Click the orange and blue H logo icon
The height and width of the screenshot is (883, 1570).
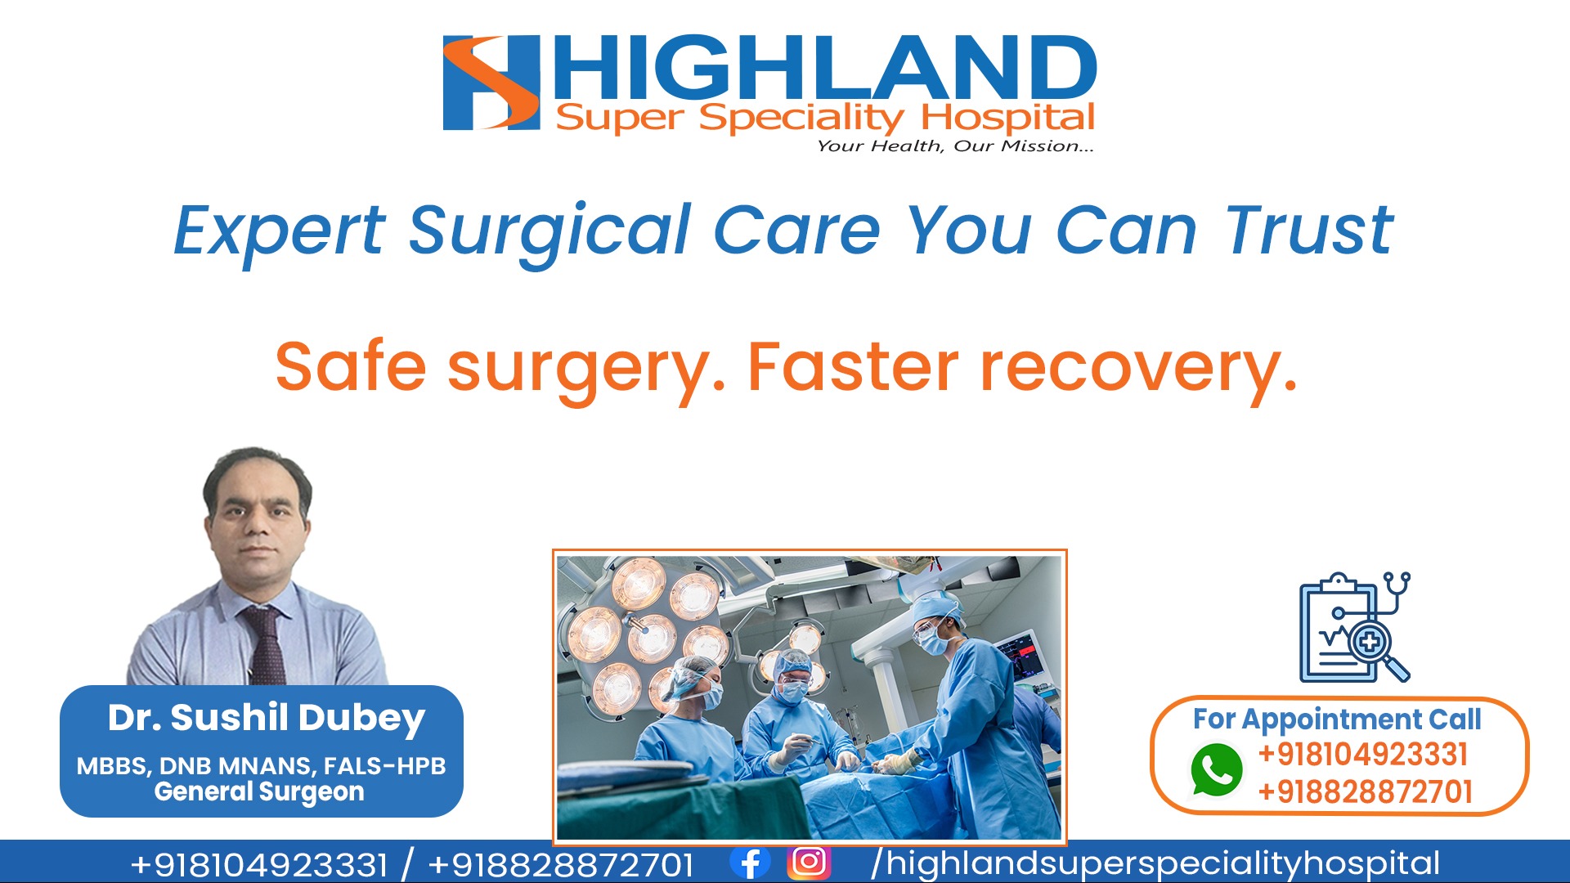(491, 83)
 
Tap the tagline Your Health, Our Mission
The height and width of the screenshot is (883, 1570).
(955, 146)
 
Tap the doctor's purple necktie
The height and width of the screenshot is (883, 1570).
(266, 645)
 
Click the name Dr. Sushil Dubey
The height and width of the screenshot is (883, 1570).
(267, 718)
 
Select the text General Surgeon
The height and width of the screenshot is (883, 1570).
(259, 791)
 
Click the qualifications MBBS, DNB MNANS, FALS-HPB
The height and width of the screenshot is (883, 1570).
(261, 766)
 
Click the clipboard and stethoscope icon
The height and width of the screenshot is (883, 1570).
(1355, 627)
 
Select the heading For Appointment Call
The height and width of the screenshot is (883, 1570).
(1337, 719)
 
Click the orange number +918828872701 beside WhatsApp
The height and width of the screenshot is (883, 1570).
(1365, 791)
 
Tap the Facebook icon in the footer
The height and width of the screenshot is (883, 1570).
(750, 863)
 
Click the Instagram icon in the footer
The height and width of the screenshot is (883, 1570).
(809, 862)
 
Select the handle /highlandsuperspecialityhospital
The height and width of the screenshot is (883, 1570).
(1155, 863)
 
